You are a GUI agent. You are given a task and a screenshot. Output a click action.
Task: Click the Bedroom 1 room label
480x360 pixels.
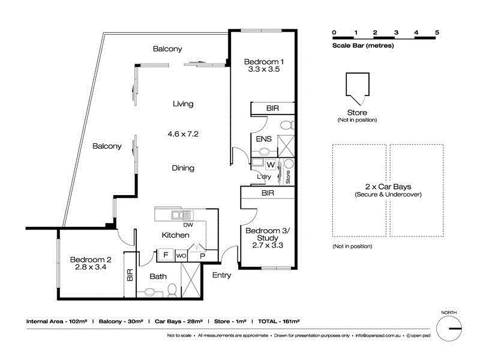click(264, 62)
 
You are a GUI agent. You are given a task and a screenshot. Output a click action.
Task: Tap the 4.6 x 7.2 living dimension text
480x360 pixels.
click(182, 134)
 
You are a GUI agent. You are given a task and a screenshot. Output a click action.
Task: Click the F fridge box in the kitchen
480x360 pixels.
click(165, 255)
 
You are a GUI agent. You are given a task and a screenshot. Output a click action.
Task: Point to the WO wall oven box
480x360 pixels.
click(181, 255)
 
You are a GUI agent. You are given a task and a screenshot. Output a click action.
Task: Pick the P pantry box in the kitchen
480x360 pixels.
click(202, 255)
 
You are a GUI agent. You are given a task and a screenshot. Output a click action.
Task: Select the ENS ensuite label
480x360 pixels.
click(263, 139)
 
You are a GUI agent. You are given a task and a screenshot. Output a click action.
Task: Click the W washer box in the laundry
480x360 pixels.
click(270, 164)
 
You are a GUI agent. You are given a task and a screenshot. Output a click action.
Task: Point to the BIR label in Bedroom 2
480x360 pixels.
click(129, 275)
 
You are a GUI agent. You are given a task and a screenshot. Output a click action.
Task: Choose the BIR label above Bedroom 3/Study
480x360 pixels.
click(268, 194)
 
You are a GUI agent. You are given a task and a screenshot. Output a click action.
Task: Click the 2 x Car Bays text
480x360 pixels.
click(388, 187)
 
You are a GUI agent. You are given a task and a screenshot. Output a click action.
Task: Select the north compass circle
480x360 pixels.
click(449, 329)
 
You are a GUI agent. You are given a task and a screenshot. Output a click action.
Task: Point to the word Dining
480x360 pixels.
click(183, 168)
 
